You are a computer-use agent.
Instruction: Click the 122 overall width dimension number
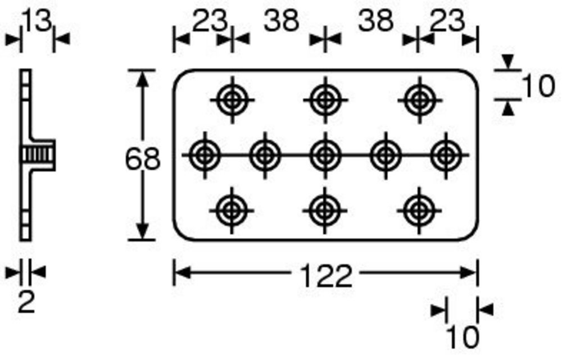pyautogui.click(x=325, y=276)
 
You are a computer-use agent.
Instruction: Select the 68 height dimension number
pyautogui.click(x=143, y=159)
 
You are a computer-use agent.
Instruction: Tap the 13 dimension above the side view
pyautogui.click(x=37, y=20)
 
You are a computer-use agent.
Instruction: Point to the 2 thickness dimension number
pyautogui.click(x=26, y=302)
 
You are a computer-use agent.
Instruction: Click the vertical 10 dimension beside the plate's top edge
pyautogui.click(x=539, y=86)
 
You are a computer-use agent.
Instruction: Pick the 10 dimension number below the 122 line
pyautogui.click(x=463, y=337)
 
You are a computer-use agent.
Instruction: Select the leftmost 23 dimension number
pyautogui.click(x=210, y=20)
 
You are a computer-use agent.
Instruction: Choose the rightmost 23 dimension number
pyautogui.click(x=447, y=20)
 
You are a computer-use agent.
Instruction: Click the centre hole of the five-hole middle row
pyautogui.click(x=325, y=156)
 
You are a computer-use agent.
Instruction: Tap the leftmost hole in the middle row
pyautogui.click(x=205, y=156)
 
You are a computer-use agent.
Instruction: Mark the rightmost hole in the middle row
pyautogui.click(x=446, y=156)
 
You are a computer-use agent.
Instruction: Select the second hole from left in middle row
pyautogui.click(x=265, y=156)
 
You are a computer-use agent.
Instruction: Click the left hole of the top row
pyautogui.click(x=232, y=100)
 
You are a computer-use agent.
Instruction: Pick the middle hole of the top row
pyautogui.click(x=325, y=100)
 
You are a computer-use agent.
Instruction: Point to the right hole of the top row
pyautogui.click(x=419, y=100)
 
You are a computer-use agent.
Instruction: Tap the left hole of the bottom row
pyautogui.click(x=232, y=211)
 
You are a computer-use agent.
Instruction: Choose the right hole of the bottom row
pyautogui.click(x=419, y=211)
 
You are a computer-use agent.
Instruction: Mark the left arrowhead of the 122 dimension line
pyautogui.click(x=182, y=273)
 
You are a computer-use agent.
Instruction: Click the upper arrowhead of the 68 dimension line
pyautogui.click(x=143, y=79)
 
